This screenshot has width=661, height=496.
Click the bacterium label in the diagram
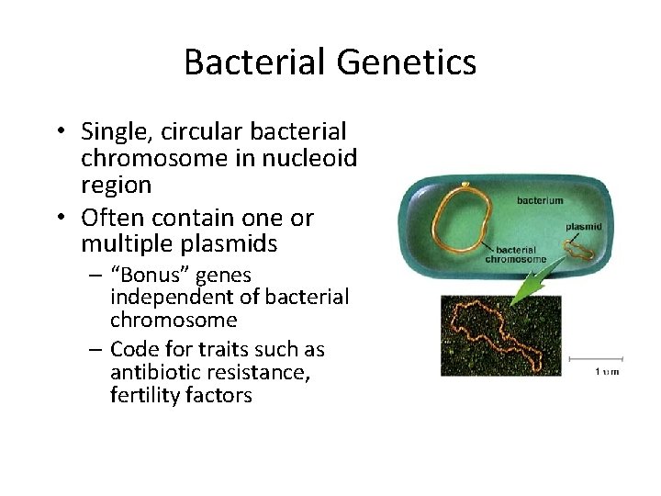tap(541, 199)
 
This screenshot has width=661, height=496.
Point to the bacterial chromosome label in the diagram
tap(520, 254)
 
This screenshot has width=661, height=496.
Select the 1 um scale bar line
tap(597, 358)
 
